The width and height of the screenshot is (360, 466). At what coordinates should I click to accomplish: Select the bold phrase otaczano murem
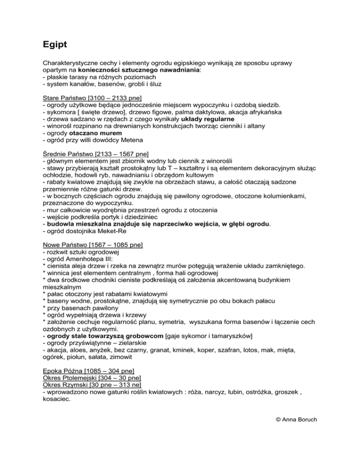pyautogui.click(x=98, y=134)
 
